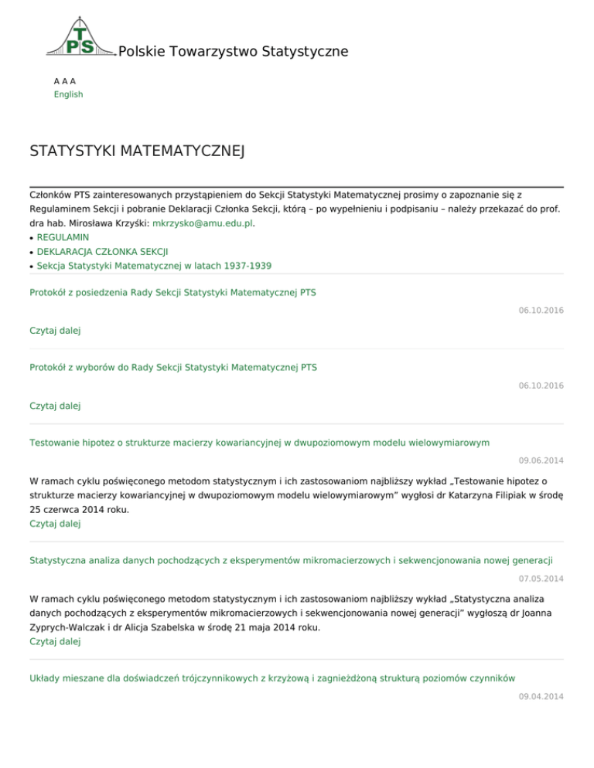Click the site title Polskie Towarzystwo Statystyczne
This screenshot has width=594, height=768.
click(x=233, y=52)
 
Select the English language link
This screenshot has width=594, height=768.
click(x=68, y=94)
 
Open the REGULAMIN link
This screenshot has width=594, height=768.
click(x=63, y=237)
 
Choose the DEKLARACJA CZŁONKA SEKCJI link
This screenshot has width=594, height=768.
click(x=103, y=251)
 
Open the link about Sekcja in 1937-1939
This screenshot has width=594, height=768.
click(x=154, y=265)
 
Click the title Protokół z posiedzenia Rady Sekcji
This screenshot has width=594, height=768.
click(x=172, y=292)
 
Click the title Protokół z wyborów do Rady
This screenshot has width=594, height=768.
click(x=172, y=367)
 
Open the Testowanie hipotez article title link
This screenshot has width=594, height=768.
click(x=259, y=442)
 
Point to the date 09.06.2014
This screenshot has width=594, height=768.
click(x=541, y=460)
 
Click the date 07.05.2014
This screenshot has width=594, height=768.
click(x=541, y=578)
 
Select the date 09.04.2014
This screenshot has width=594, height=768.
click(x=541, y=696)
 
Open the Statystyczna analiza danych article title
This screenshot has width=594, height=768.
click(x=292, y=559)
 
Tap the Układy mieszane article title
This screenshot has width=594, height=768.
click(x=272, y=678)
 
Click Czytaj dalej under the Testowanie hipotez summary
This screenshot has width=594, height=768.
click(x=55, y=523)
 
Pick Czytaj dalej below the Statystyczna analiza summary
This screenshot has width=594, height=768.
click(x=55, y=641)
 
